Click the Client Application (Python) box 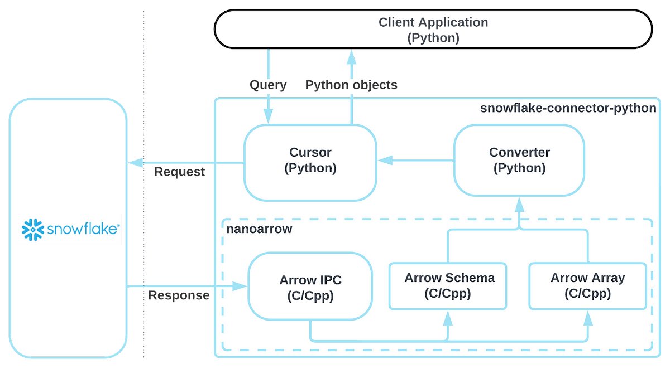pyautogui.click(x=433, y=30)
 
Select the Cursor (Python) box pyautogui.click(x=310, y=161)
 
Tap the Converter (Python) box pyautogui.click(x=519, y=161)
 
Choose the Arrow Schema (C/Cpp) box pyautogui.click(x=449, y=285)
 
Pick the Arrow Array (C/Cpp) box pyautogui.click(x=587, y=285)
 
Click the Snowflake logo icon pyautogui.click(x=32, y=229)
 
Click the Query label pyautogui.click(x=268, y=85)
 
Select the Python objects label pyautogui.click(x=351, y=85)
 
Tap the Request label pyautogui.click(x=179, y=172)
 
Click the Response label pyautogui.click(x=179, y=295)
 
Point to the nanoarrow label pyautogui.click(x=259, y=230)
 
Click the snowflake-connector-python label pyautogui.click(x=568, y=108)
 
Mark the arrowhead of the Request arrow pyautogui.click(x=135, y=163)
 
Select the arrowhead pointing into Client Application pyautogui.click(x=352, y=56)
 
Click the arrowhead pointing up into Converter pyautogui.click(x=519, y=204)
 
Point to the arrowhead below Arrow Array pyautogui.click(x=588, y=318)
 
